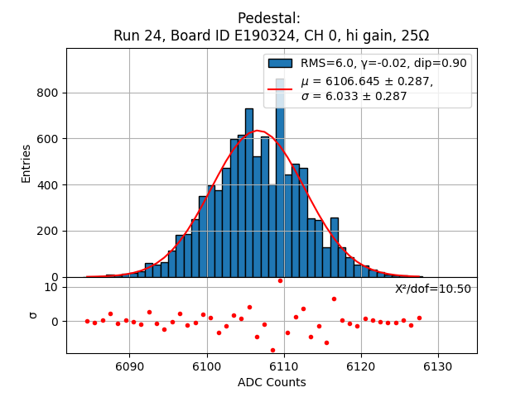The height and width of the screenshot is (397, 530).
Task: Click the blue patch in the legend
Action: (280, 63)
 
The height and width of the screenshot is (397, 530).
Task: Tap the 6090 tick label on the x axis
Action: (130, 366)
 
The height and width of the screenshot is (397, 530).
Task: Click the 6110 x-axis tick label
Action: (284, 366)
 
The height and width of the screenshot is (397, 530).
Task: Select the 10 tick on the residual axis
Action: (51, 287)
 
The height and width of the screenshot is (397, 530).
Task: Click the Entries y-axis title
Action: (26, 163)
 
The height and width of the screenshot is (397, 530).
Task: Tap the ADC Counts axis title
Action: (272, 382)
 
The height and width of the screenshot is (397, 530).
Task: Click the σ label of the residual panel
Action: (33, 314)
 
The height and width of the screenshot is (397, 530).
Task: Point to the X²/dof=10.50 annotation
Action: (432, 289)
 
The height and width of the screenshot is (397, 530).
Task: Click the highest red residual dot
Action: (280, 280)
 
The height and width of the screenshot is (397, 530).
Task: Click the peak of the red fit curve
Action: (258, 131)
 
